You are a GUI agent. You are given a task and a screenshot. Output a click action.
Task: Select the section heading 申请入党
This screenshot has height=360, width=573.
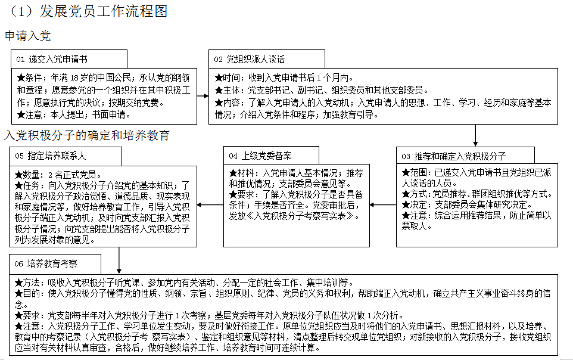click(28, 36)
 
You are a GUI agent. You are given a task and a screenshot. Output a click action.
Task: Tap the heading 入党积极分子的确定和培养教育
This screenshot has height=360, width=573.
click(87, 135)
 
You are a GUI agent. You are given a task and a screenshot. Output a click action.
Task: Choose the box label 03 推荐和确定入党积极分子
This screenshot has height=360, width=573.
click(453, 156)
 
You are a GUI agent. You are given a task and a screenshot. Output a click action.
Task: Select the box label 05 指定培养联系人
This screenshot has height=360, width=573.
click(51, 156)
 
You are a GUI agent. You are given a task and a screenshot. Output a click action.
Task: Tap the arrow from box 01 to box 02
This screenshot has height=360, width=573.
click(203, 97)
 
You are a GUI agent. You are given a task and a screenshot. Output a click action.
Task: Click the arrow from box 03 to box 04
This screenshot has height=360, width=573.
click(383, 205)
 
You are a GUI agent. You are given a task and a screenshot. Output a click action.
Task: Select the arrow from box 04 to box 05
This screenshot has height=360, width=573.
click(210, 205)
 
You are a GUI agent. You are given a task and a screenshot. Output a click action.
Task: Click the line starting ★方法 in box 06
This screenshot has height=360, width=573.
click(185, 283)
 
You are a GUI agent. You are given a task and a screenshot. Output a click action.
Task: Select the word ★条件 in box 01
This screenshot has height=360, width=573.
click(29, 78)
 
